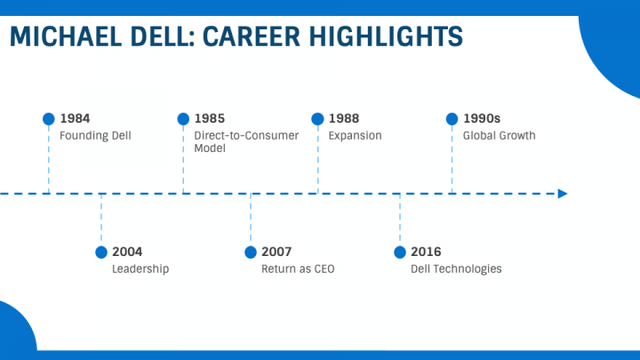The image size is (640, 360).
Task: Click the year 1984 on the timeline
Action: click(x=75, y=118)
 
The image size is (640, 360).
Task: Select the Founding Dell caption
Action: click(x=95, y=136)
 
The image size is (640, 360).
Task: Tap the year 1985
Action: click(x=210, y=118)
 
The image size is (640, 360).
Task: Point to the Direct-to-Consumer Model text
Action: click(x=246, y=142)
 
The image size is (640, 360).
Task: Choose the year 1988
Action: click(x=344, y=118)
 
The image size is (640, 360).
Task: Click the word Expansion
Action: click(x=355, y=136)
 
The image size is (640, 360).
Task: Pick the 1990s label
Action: click(x=482, y=118)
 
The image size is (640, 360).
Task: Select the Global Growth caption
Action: click(x=499, y=136)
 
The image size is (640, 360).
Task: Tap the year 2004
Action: click(x=127, y=252)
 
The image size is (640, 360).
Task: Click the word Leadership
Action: click(x=140, y=269)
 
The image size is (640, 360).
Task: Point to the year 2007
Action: click(x=276, y=252)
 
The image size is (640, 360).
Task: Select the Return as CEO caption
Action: click(x=298, y=269)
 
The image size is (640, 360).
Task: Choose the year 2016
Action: click(x=426, y=252)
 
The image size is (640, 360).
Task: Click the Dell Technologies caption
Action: click(x=456, y=269)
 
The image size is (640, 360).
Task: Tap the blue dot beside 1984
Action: click(x=49, y=118)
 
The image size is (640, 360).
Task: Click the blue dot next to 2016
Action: click(x=400, y=252)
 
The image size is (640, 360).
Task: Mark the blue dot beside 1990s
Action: click(x=452, y=118)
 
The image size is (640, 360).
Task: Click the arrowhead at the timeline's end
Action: click(x=562, y=193)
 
